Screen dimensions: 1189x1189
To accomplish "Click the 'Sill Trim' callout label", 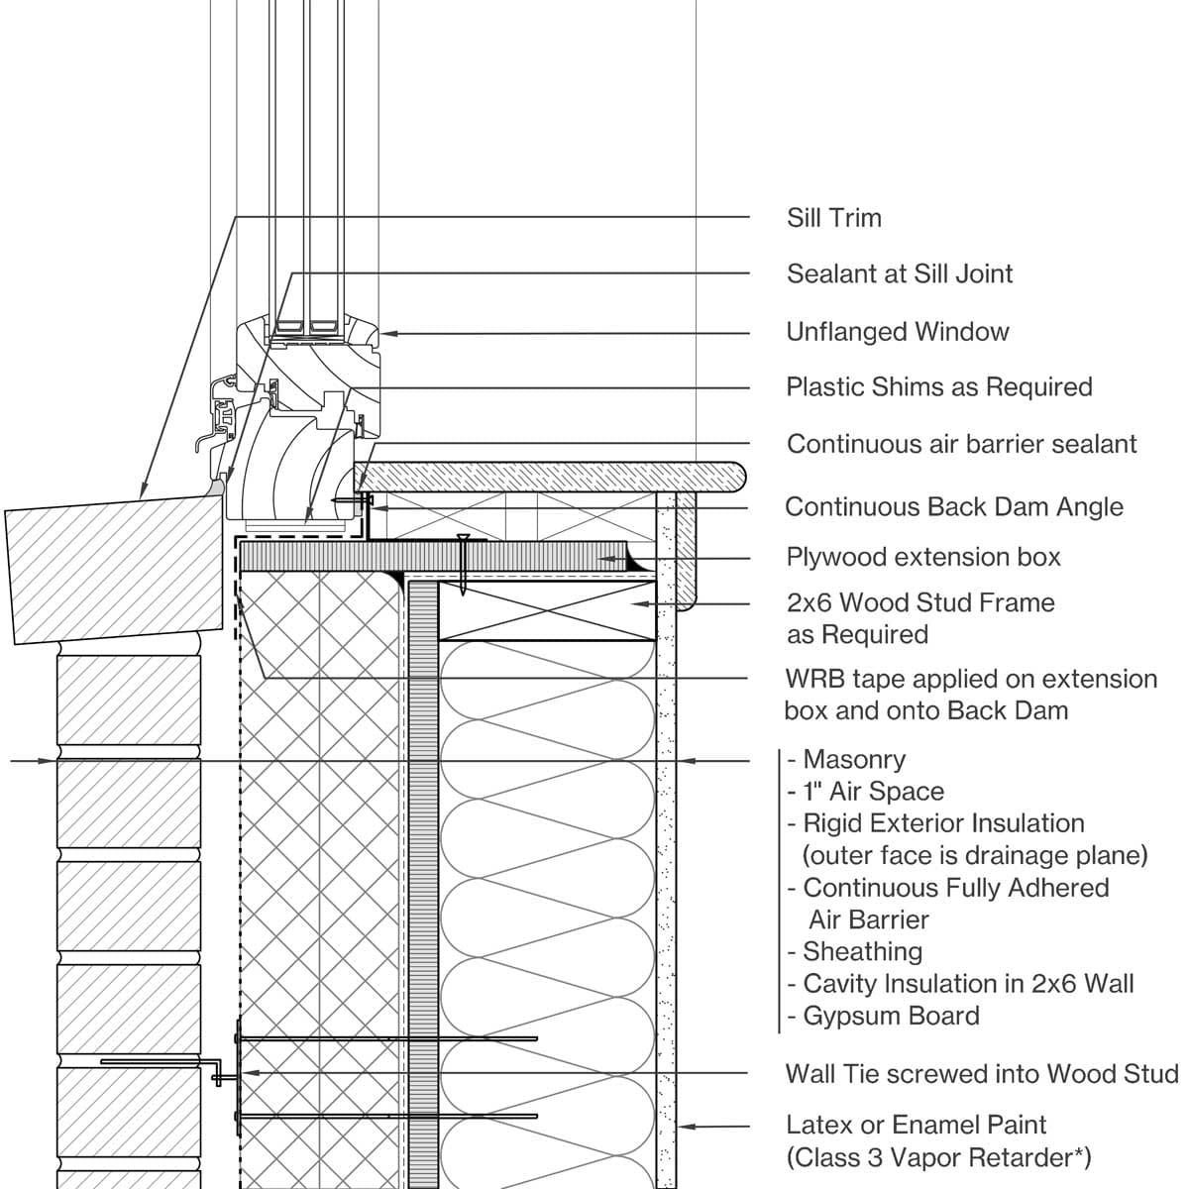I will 833,218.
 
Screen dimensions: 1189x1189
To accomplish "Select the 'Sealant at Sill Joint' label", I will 899,273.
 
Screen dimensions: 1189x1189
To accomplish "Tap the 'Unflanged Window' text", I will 897,332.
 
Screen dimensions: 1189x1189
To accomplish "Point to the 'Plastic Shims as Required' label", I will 938,386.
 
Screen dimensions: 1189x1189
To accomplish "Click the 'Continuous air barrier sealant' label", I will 961,444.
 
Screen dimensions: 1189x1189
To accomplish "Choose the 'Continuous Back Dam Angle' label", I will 953,507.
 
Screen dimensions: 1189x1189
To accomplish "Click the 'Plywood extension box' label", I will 922,557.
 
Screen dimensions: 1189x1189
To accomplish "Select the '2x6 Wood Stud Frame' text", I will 919,602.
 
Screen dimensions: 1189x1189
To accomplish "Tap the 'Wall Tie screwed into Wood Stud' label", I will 981,1074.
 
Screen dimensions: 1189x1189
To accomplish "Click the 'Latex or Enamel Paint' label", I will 916,1125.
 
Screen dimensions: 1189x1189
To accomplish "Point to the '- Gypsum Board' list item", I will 883,1016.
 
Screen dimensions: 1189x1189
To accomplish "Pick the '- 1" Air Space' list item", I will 865,792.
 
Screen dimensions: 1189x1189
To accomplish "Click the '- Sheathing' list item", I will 854,952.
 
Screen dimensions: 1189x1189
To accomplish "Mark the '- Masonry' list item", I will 846,760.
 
